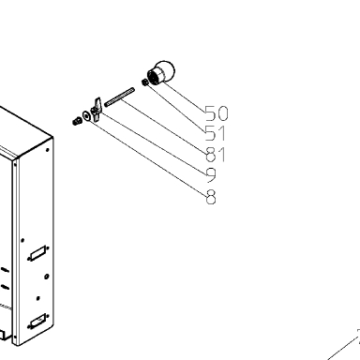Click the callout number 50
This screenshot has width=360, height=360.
[217, 113]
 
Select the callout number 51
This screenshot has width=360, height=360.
[215, 133]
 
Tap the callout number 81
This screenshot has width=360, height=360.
[216, 155]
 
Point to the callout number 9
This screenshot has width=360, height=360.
[212, 175]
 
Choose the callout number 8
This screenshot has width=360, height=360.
[211, 197]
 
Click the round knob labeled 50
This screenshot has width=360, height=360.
[161, 72]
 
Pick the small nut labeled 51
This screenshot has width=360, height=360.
[145, 82]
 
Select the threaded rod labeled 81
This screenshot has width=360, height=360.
[119, 97]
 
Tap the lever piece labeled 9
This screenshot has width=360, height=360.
[97, 109]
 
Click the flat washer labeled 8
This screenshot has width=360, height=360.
[86, 115]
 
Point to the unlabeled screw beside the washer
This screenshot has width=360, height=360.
[76, 121]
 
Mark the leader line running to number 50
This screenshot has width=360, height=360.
[184, 96]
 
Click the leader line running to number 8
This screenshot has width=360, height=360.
[147, 157]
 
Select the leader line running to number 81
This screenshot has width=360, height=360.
[164, 126]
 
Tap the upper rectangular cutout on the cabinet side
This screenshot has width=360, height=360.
[38, 253]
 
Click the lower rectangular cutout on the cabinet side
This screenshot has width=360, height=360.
[38, 322]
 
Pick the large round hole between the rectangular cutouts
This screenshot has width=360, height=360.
[47, 277]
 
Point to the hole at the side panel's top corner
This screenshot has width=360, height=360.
[48, 150]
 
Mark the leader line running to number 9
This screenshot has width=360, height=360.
[154, 142]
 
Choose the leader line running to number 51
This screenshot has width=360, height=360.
[176, 107]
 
